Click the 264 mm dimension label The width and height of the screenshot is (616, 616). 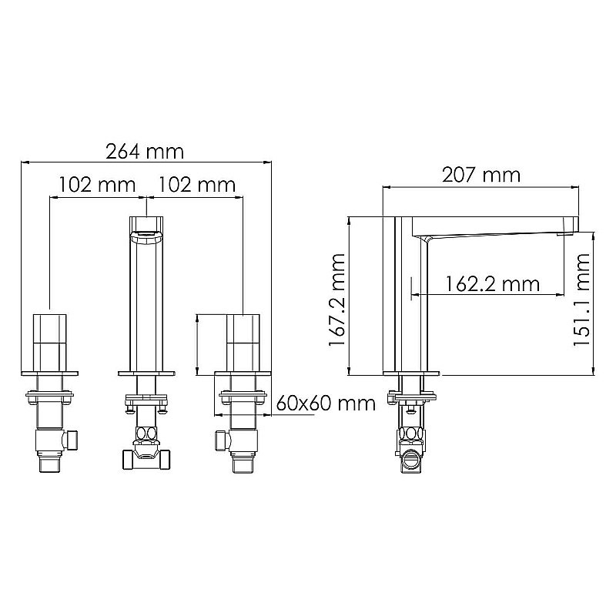click(145, 152)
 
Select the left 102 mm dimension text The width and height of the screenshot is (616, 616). click(97, 185)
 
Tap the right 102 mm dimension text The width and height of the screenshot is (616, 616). click(197, 185)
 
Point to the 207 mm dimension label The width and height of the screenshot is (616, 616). click(481, 176)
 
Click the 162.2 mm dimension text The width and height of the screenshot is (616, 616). click(493, 283)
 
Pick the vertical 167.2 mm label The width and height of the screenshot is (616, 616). click(337, 300)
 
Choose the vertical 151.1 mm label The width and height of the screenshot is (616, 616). click(582, 300)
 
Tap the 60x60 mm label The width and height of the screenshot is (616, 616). click(326, 403)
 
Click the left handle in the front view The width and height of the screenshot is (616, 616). click(49, 343)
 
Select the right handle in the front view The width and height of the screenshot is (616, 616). click(243, 343)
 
